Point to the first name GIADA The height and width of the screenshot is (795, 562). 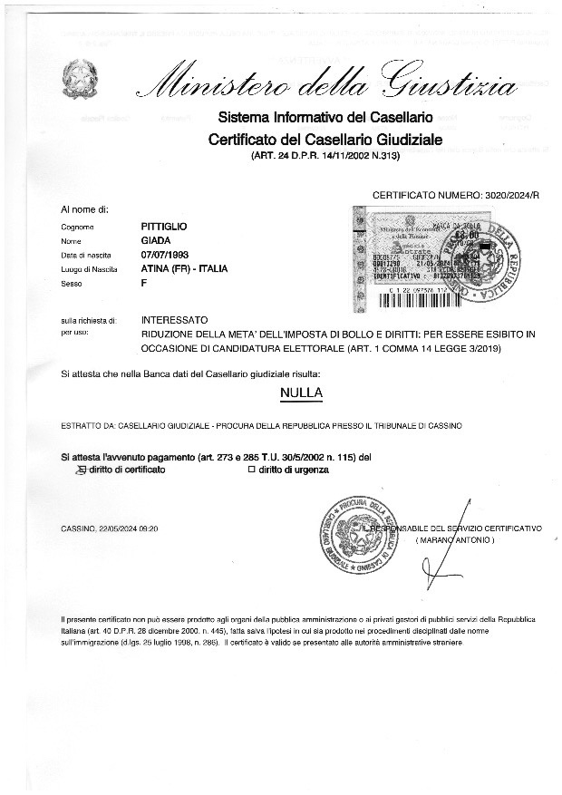[156, 240]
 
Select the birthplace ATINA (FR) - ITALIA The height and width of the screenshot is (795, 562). [184, 269]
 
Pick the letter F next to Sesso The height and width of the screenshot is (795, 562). [145, 284]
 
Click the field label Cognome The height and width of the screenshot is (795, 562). [77, 227]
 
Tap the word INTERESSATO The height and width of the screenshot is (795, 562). [175, 320]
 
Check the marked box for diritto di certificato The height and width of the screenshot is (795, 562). [81, 470]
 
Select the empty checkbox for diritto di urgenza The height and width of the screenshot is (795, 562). [253, 470]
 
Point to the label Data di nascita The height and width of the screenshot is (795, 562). [85, 256]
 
